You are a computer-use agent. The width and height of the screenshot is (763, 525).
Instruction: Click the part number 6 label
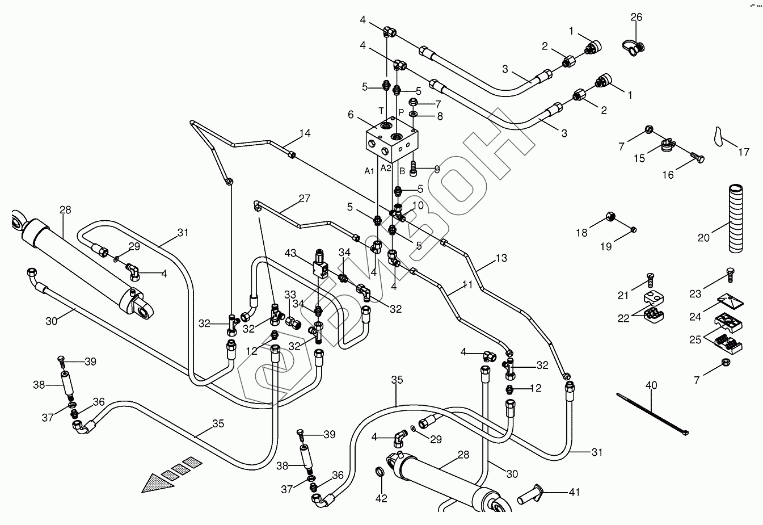point(351,115)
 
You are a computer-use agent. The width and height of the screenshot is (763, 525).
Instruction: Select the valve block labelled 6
point(392,140)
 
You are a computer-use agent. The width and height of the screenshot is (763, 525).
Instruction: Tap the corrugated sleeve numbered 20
point(736,219)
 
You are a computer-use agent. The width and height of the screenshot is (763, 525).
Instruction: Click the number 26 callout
point(636,17)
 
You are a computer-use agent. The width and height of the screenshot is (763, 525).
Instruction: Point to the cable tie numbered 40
point(652,414)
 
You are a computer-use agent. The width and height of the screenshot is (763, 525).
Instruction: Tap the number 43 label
point(290,253)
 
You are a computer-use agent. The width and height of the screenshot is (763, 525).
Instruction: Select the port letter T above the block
point(381,111)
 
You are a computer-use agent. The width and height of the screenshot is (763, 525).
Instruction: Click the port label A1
point(369,171)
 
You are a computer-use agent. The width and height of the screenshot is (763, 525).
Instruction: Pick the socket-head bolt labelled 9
point(413,169)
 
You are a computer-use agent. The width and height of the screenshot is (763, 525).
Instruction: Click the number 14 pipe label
point(305,133)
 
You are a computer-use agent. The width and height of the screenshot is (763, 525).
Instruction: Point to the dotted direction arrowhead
point(158,483)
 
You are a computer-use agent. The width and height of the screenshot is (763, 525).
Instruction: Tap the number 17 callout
point(744,152)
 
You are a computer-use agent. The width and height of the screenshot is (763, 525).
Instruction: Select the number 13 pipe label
point(501,258)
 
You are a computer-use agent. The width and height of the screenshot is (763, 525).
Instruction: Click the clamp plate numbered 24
point(730,300)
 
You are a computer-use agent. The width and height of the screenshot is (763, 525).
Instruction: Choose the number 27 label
point(305,198)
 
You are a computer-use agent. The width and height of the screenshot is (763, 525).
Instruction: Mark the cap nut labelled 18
point(610,216)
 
